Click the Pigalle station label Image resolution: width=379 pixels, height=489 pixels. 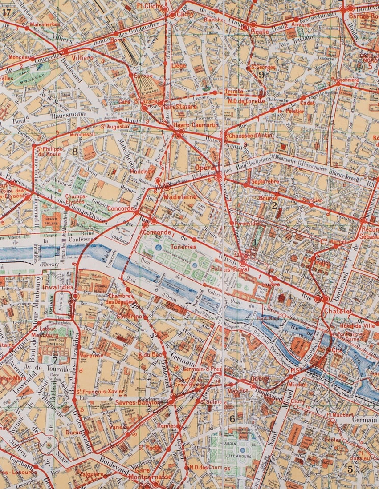point(260,32)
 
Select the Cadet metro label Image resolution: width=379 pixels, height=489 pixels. point(307,103)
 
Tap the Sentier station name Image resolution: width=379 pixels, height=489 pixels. point(312,200)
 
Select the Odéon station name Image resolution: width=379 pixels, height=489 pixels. point(260,378)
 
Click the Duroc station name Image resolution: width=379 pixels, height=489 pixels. point(73,431)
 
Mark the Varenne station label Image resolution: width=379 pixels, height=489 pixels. point(92,355)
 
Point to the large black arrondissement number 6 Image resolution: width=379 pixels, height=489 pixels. point(232,418)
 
